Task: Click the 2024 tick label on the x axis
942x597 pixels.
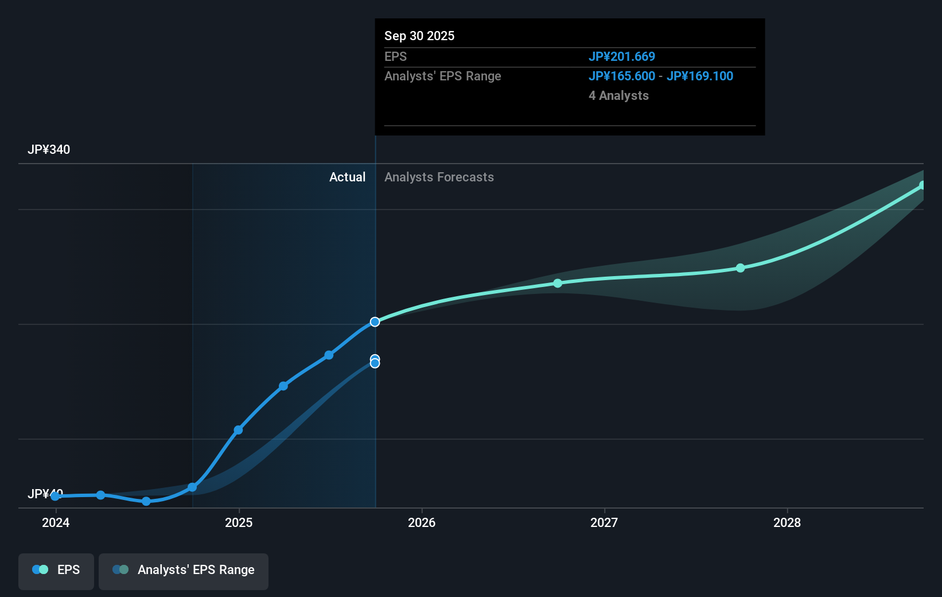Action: [x=56, y=522]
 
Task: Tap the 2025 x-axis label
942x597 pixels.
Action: [x=239, y=522]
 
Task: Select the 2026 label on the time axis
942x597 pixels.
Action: [x=422, y=522]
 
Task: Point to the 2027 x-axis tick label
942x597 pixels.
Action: [x=604, y=522]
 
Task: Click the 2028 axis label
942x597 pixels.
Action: [x=787, y=522]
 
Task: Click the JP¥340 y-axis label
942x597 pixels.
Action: [x=49, y=150]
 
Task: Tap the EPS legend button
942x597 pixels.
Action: [x=56, y=570]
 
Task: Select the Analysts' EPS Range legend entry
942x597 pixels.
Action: [x=184, y=570]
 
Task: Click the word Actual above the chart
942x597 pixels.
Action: [x=347, y=177]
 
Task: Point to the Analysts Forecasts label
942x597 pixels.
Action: [x=439, y=177]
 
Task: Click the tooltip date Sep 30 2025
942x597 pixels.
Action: [x=419, y=36]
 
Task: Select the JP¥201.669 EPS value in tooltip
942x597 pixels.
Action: [x=622, y=57]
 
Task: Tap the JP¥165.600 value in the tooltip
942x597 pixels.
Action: [x=622, y=76]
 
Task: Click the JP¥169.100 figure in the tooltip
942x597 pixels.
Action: [x=700, y=76]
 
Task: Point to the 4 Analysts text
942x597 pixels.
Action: [x=618, y=96]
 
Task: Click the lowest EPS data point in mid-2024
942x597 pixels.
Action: [x=146, y=501]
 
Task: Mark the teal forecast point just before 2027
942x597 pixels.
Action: [x=558, y=283]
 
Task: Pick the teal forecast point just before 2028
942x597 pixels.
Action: [x=741, y=268]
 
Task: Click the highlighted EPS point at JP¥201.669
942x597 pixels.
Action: [x=375, y=322]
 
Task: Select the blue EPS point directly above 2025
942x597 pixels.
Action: [x=238, y=430]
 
